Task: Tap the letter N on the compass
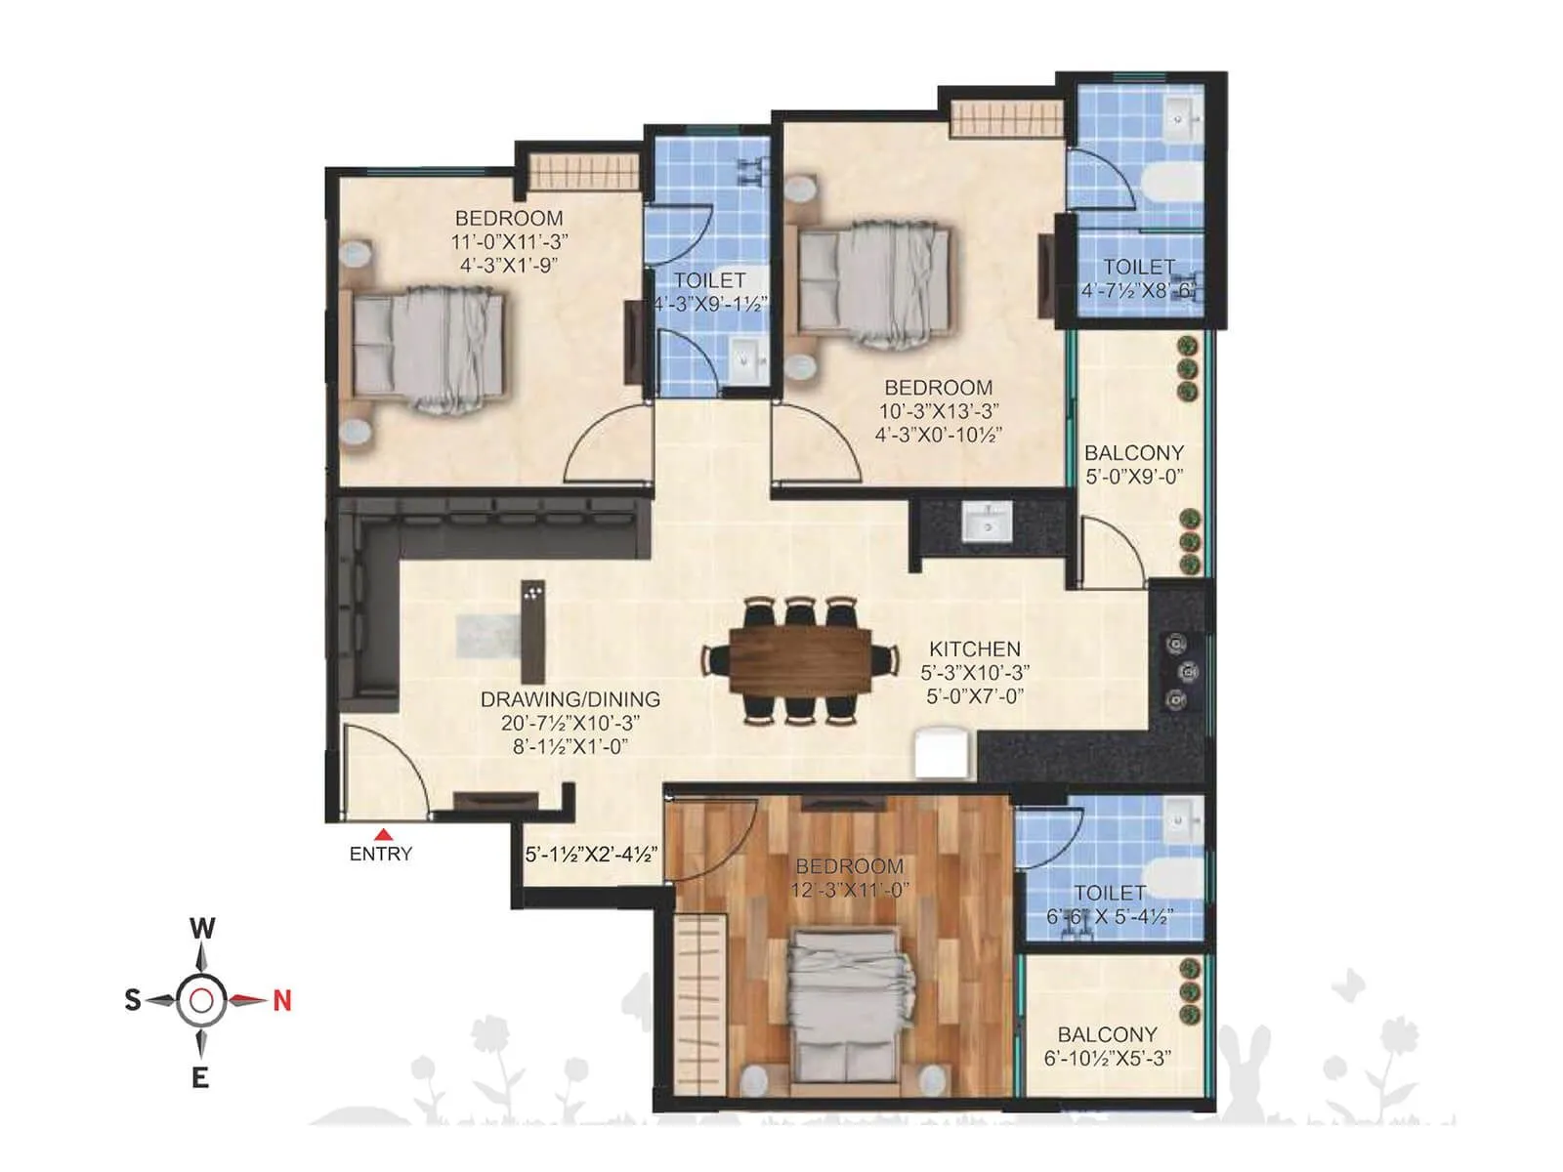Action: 282,1000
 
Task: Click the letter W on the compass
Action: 202,928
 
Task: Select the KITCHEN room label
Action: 975,649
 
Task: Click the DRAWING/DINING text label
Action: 570,699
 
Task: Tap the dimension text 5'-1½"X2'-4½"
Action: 591,855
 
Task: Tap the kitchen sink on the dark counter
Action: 989,523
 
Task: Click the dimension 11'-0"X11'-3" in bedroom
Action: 509,241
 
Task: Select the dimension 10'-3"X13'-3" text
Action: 938,411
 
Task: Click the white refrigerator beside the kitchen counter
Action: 945,753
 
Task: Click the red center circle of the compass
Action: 201,1000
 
